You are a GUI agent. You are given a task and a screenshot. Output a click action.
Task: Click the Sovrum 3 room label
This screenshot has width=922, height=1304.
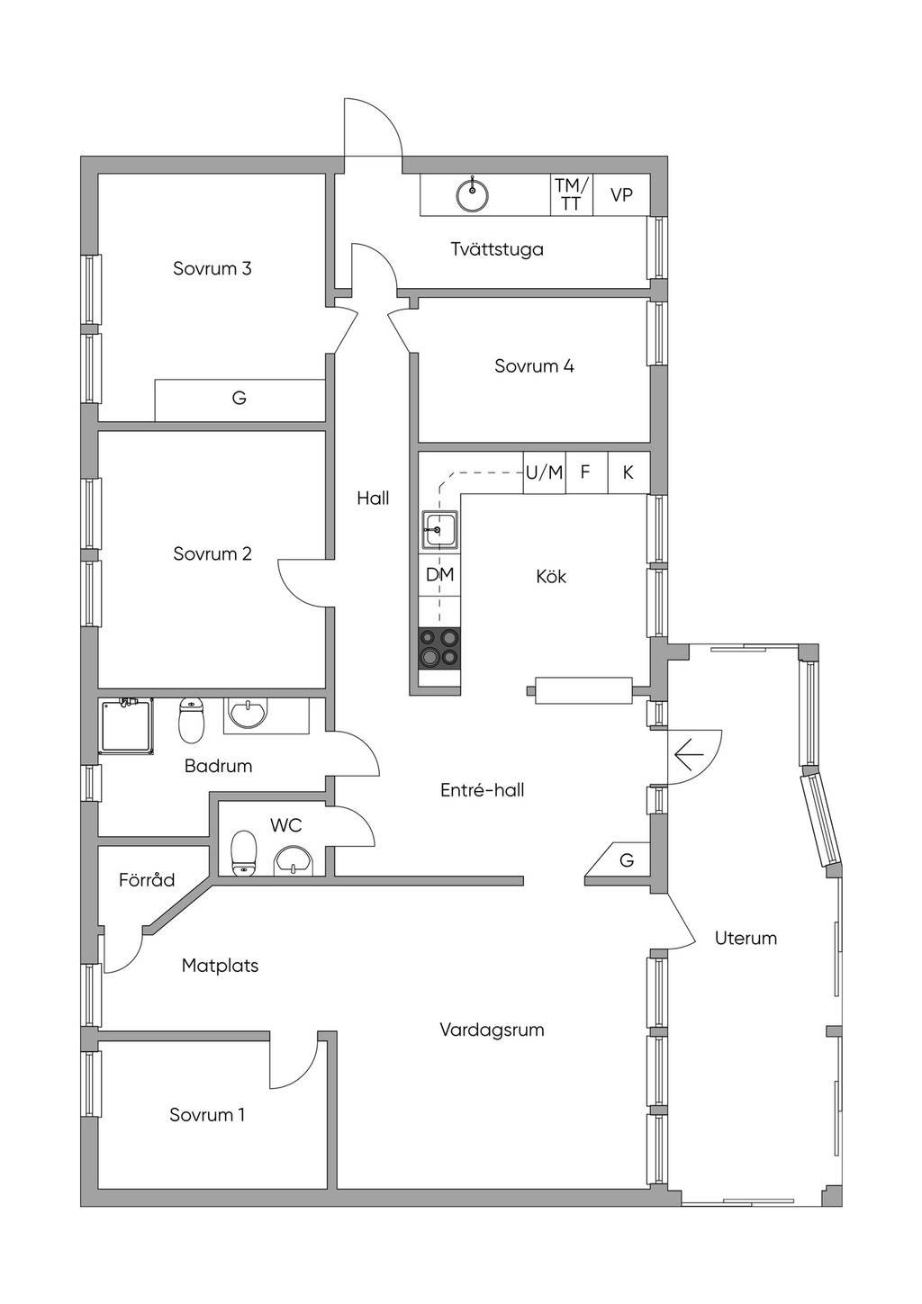[x=212, y=268]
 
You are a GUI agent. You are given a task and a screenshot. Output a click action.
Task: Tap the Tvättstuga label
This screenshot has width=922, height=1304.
[x=497, y=249]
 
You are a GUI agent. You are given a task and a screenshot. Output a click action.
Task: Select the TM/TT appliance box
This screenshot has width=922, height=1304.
[x=572, y=194]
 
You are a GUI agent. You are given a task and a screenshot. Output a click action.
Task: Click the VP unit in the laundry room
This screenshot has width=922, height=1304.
[x=621, y=194]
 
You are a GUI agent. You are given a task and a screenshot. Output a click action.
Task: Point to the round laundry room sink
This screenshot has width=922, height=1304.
[x=472, y=193]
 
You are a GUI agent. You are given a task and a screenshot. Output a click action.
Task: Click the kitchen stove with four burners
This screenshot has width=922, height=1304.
[x=439, y=649]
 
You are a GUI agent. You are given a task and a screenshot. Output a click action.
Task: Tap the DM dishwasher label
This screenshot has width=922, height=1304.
[x=439, y=574]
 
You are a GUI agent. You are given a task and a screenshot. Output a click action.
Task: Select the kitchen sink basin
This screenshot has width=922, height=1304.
[x=439, y=529]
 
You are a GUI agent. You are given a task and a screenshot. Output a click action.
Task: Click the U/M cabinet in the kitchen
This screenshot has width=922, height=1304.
[x=544, y=472]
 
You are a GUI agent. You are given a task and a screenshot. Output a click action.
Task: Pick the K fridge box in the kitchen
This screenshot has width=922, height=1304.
[x=628, y=472]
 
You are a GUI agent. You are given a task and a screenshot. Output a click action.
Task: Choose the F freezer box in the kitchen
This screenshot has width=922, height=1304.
[x=586, y=472]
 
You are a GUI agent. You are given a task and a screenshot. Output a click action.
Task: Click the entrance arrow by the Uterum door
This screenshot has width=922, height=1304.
[x=689, y=755]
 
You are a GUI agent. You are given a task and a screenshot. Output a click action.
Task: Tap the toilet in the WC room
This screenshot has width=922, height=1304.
[x=243, y=853]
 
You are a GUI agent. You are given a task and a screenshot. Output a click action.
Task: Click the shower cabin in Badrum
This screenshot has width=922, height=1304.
[x=126, y=726]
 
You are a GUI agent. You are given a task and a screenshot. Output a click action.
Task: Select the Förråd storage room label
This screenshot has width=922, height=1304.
[x=147, y=879]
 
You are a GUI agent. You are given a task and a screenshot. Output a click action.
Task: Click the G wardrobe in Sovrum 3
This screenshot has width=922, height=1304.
[x=240, y=400]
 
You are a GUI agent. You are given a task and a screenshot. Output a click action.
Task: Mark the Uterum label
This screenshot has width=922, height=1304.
[x=746, y=939]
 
